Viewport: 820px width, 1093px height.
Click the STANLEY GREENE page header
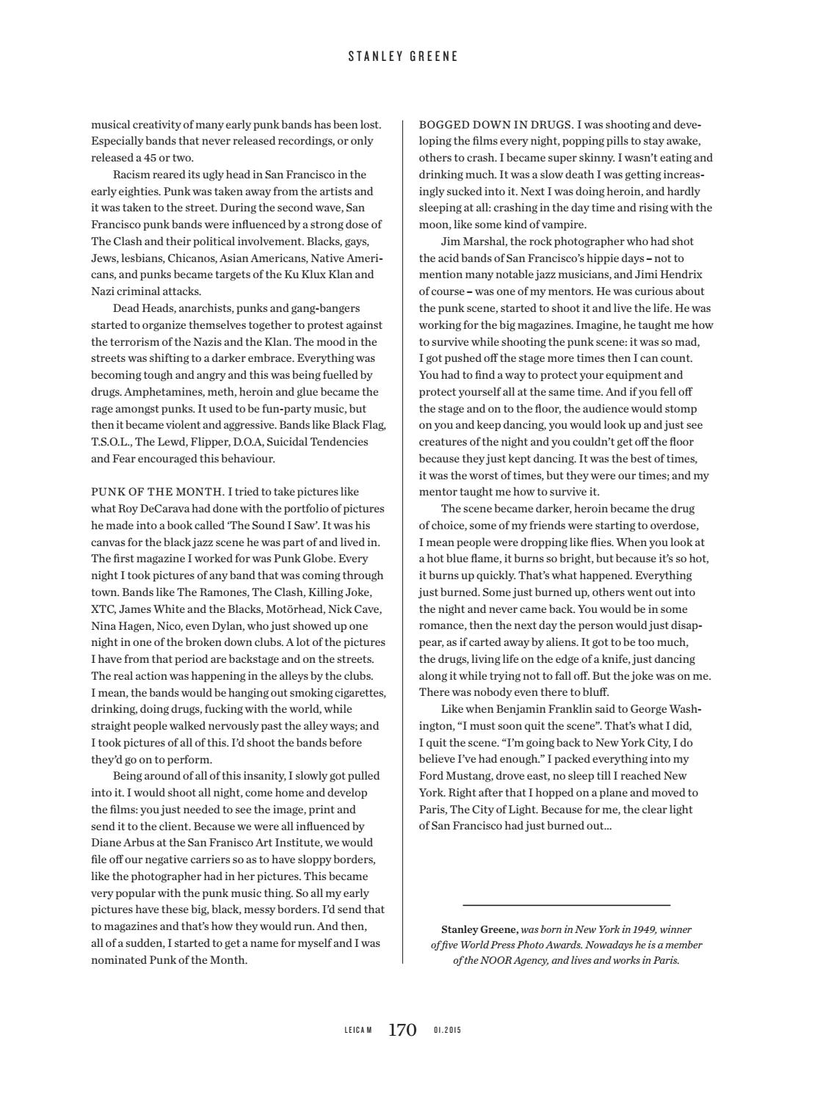pyautogui.click(x=403, y=57)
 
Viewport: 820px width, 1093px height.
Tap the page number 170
pyautogui.click(x=402, y=1030)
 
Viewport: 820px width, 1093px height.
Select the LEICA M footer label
pyautogui.click(x=358, y=1031)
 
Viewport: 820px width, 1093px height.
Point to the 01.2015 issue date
pyautogui.click(x=447, y=1031)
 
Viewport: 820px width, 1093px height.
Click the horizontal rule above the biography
pyautogui.click(x=566, y=905)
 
